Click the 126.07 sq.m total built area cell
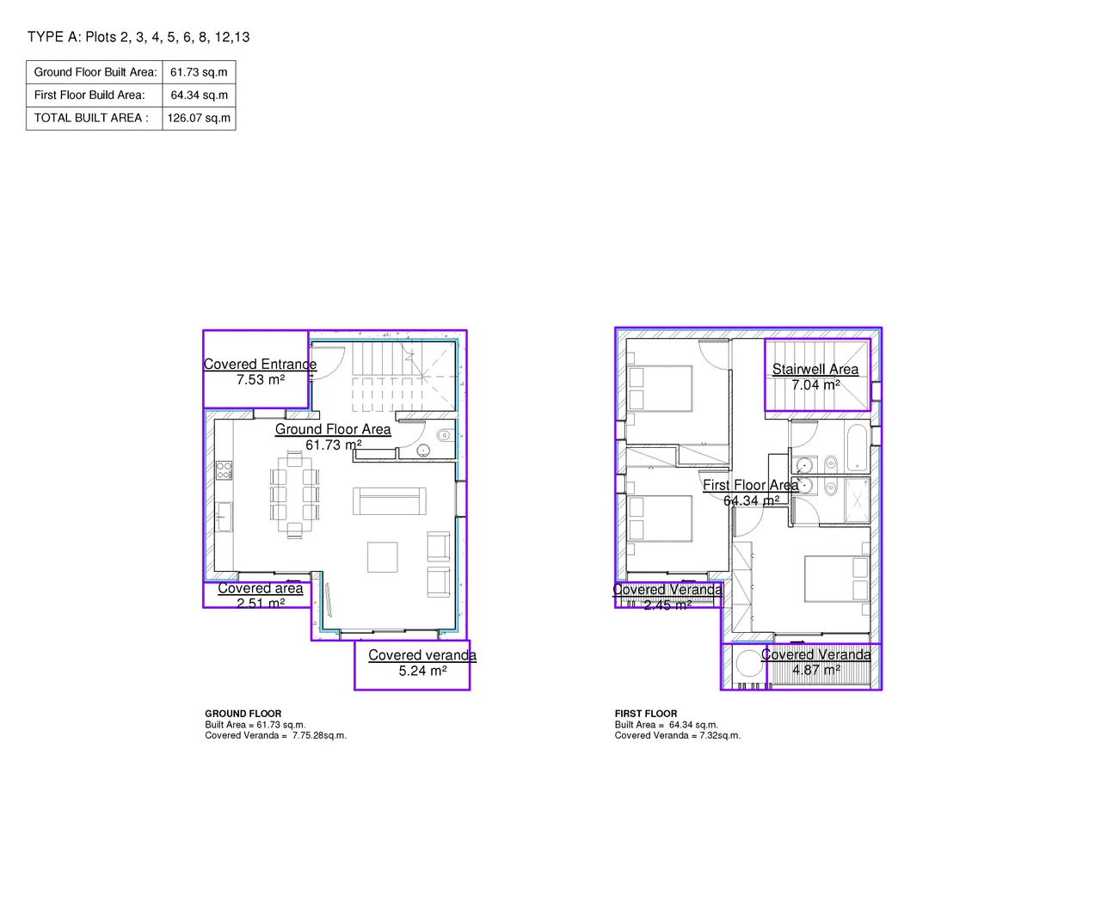point(199,118)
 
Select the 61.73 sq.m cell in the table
point(199,72)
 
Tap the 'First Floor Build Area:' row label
point(89,95)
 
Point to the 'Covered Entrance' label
point(260,364)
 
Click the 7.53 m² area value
point(261,380)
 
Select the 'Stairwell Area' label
point(815,369)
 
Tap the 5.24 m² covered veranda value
point(422,671)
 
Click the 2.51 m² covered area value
point(261,604)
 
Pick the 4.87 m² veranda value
point(816,670)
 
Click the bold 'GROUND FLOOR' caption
point(243,714)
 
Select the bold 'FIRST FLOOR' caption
point(645,714)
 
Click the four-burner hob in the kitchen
point(224,470)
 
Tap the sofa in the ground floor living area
point(389,501)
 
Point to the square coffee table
point(382,557)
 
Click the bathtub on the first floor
point(857,446)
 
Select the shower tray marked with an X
point(857,500)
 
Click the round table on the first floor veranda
point(748,663)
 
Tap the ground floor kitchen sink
point(225,516)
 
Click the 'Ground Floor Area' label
point(333,429)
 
